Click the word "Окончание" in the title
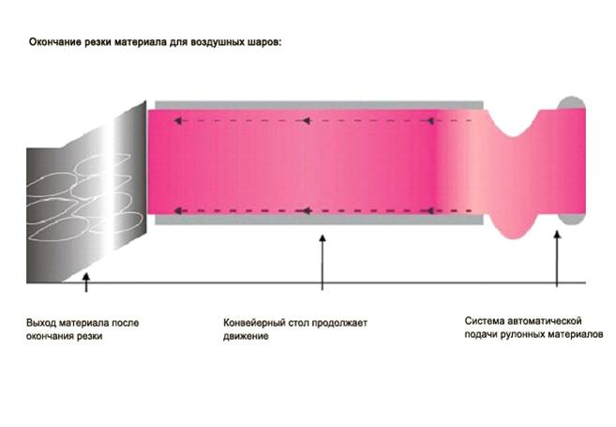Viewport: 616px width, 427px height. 55,42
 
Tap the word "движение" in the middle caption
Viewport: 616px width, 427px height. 246,337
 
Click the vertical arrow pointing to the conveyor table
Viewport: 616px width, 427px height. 323,262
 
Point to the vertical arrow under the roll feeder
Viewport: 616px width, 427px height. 557,259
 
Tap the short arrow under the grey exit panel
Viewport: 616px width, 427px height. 86,282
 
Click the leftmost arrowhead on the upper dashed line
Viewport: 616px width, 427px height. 178,121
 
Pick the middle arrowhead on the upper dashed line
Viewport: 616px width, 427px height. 308,121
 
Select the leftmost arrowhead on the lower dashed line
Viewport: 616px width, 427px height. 178,211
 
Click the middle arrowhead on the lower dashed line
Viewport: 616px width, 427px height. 308,211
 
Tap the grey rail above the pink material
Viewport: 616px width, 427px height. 319,105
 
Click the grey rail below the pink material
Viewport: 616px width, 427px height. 319,220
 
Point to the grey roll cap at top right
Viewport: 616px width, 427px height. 571,102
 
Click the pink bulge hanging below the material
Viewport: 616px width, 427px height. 514,226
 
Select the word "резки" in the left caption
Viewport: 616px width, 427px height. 90,337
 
